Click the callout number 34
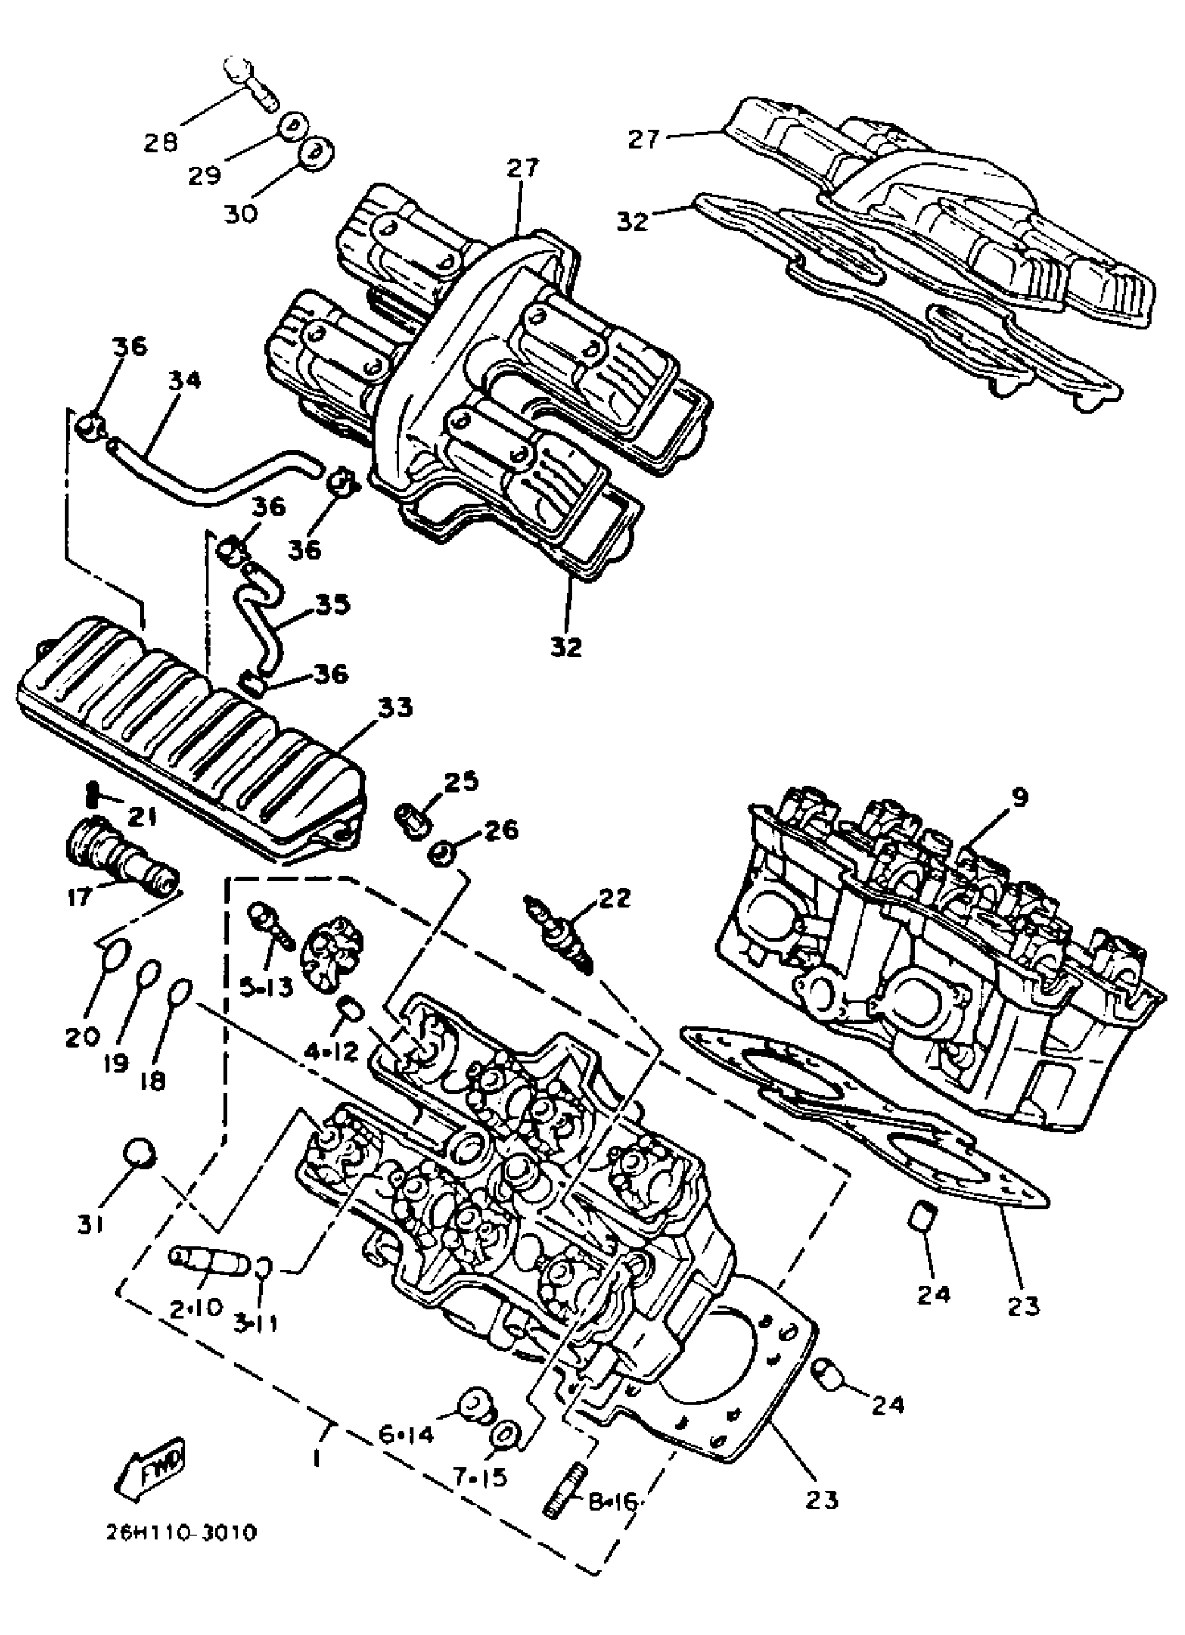pyautogui.click(x=185, y=381)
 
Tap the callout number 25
pyautogui.click(x=461, y=782)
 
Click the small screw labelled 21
pyautogui.click(x=92, y=794)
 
